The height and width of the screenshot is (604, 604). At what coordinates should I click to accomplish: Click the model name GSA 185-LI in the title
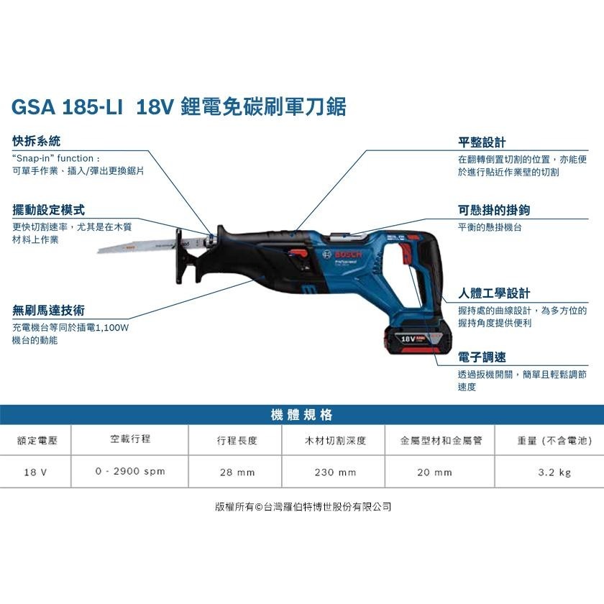[x=67, y=108]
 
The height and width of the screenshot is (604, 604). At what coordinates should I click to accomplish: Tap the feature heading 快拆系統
[x=37, y=142]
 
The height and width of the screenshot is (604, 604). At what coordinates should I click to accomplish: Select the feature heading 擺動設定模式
[x=49, y=210]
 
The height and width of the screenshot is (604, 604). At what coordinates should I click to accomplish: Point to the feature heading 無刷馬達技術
[x=49, y=311]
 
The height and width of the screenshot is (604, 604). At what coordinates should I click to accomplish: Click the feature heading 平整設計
[x=482, y=142]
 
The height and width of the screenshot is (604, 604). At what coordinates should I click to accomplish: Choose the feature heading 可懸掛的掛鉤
[x=494, y=211]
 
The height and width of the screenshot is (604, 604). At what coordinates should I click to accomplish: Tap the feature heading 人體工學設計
[x=494, y=293]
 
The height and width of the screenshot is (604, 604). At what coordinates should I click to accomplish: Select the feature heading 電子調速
[x=482, y=357]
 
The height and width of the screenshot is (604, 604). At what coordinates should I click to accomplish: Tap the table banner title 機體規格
[x=301, y=415]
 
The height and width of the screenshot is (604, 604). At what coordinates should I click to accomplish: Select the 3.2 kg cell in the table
[x=554, y=472]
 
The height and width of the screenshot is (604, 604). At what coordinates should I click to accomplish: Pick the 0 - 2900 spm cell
[x=130, y=472]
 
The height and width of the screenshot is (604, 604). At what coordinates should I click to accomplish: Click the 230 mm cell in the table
[x=335, y=472]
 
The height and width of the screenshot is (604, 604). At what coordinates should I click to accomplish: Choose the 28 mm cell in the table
[x=237, y=472]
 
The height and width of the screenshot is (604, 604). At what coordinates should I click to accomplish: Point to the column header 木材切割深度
[x=335, y=440]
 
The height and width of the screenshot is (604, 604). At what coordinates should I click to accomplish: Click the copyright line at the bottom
[x=303, y=507]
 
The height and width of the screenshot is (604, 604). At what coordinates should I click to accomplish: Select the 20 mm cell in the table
[x=435, y=472]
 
